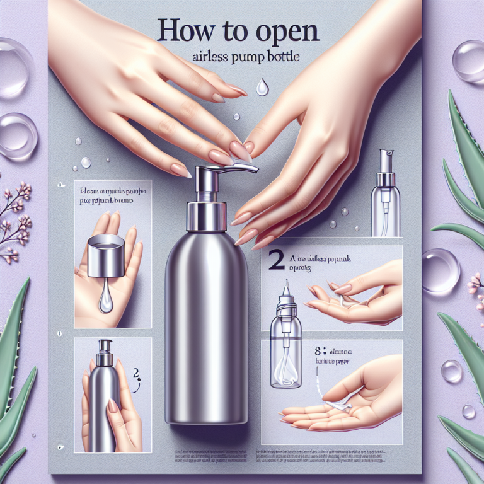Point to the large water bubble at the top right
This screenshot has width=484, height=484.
469,61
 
